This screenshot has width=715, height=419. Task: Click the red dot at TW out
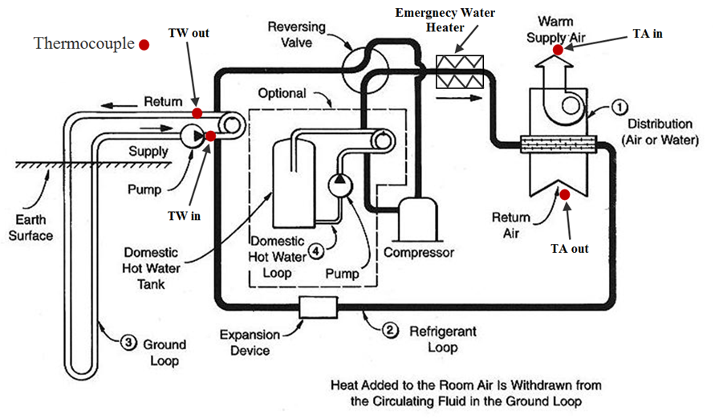click(197, 113)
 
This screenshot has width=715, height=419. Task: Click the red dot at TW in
click(210, 136)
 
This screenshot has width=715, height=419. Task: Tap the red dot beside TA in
click(559, 50)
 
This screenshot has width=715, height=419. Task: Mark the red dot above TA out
click(565, 193)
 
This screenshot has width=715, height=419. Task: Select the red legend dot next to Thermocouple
click(144, 45)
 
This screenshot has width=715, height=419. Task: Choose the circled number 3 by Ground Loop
click(128, 343)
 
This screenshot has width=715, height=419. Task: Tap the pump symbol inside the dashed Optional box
click(340, 184)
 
